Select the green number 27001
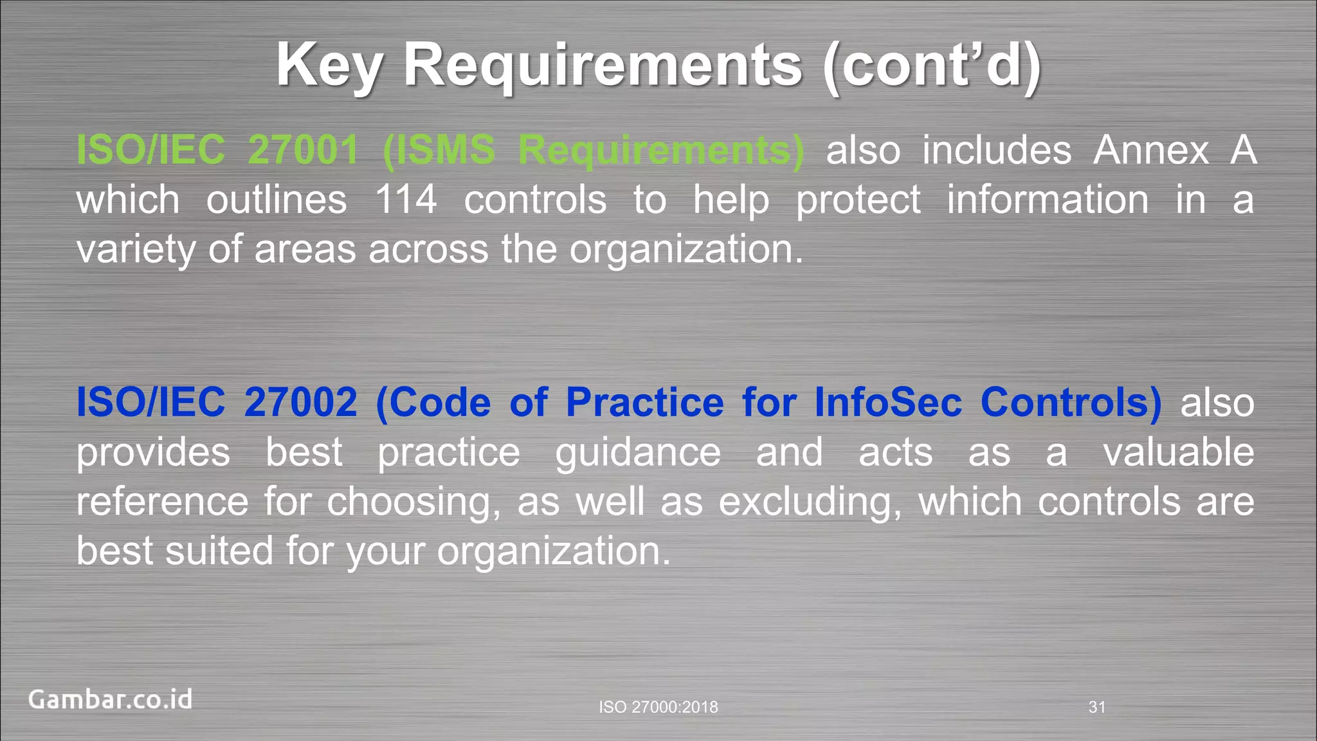[x=303, y=151]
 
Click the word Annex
[x=1151, y=151]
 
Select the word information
[x=1048, y=199]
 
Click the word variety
[x=135, y=250]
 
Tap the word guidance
[x=638, y=453]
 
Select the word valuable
[x=1179, y=452]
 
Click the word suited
[x=219, y=551]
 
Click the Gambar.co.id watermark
[x=110, y=700]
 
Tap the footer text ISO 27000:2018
[x=658, y=708]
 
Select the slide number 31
[x=1097, y=708]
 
